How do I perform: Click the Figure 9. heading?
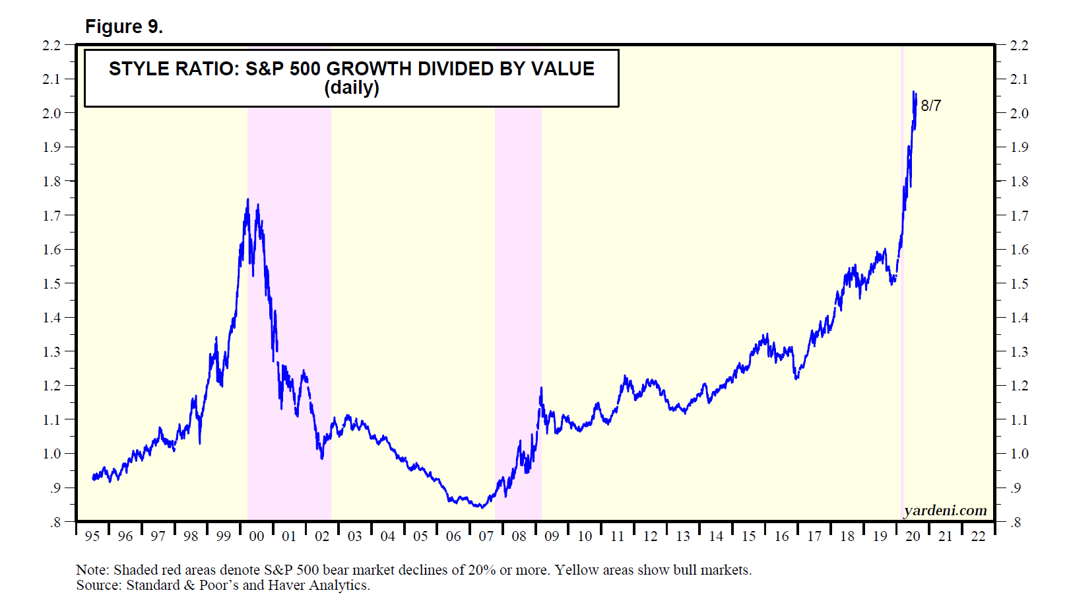(124, 26)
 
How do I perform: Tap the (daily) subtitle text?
(352, 88)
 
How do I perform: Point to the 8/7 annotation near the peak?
(930, 106)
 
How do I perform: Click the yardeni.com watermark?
(945, 511)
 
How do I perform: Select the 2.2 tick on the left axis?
(51, 46)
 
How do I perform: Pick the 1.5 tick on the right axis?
(1020, 284)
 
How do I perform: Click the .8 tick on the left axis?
(55, 523)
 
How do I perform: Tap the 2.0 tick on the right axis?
(1020, 114)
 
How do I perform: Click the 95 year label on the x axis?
(92, 536)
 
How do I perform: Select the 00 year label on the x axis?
(257, 536)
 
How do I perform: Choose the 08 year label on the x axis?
(519, 536)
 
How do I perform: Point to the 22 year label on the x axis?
(978, 536)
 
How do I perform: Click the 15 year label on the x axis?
(749, 536)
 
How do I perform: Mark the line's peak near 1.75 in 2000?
(247, 199)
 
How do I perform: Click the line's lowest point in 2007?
(482, 507)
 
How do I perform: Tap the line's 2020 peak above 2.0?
(914, 92)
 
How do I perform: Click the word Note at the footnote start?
(90, 570)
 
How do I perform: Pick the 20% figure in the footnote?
(482, 570)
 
